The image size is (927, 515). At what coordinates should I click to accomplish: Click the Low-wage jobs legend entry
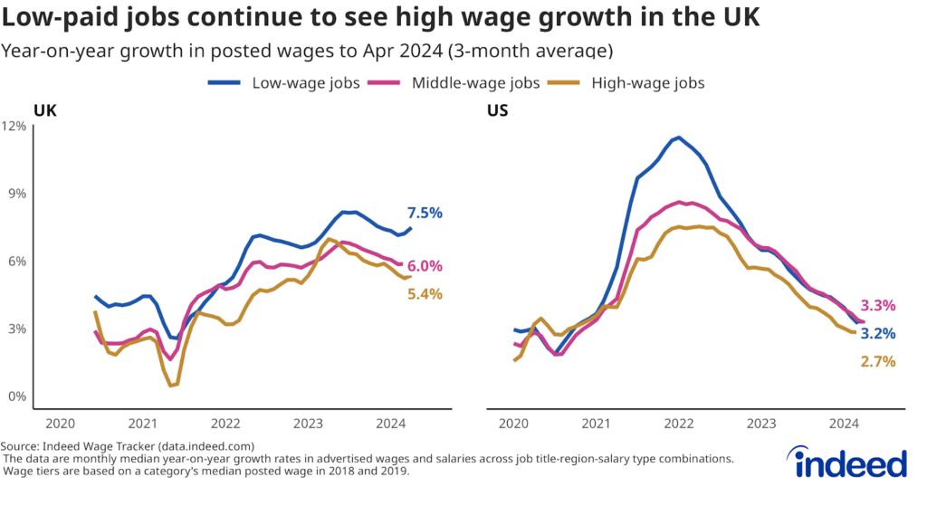pos(284,83)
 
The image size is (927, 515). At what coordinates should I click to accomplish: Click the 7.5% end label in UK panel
pos(425,214)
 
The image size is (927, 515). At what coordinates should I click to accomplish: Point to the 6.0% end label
pos(425,266)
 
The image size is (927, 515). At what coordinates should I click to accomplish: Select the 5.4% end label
pos(425,294)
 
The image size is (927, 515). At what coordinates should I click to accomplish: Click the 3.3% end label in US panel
pos(877,306)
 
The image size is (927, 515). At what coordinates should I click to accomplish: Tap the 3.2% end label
pos(877,333)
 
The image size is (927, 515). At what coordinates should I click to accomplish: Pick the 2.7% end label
pos(877,362)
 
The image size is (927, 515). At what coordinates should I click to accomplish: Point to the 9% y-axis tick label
pos(16,194)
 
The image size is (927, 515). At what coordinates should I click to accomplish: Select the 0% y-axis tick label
pos(16,396)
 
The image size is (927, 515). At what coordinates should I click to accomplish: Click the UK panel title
pos(44,110)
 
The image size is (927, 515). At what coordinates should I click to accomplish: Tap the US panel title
pos(499,110)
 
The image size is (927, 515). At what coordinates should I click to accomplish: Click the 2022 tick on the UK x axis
pos(225,424)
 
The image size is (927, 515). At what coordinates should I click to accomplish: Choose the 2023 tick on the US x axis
pos(761,424)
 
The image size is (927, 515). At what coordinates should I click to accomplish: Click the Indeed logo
pos(850,462)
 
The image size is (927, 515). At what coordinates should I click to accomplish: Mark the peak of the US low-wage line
pos(677,138)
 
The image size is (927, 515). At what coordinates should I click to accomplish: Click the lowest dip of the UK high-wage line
pos(171,386)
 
